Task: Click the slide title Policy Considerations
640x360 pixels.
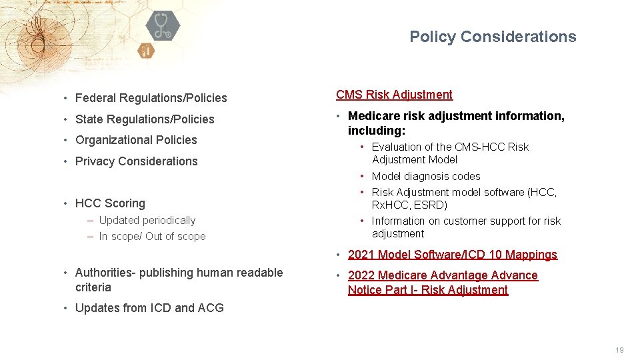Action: (x=493, y=37)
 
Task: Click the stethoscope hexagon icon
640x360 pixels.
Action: (x=162, y=26)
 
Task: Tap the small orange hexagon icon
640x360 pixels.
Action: (x=146, y=51)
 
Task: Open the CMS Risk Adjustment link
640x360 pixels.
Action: (x=394, y=95)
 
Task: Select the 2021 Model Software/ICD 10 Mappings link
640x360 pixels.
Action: (x=452, y=255)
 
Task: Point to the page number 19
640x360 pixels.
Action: (x=619, y=350)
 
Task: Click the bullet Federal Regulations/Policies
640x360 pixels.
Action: (x=151, y=98)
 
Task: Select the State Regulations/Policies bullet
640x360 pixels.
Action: (x=145, y=119)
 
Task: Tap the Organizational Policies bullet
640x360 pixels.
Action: (x=136, y=140)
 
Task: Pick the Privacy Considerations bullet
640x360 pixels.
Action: (x=136, y=161)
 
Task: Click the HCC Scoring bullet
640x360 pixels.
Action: (x=110, y=203)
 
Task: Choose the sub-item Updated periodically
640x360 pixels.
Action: (x=147, y=220)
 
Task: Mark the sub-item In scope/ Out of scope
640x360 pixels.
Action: (x=152, y=236)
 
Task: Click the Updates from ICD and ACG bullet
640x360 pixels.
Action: (x=149, y=308)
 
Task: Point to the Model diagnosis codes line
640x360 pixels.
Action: (x=426, y=176)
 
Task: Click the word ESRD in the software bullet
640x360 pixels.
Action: (x=433, y=205)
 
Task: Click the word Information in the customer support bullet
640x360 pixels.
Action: (x=398, y=221)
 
